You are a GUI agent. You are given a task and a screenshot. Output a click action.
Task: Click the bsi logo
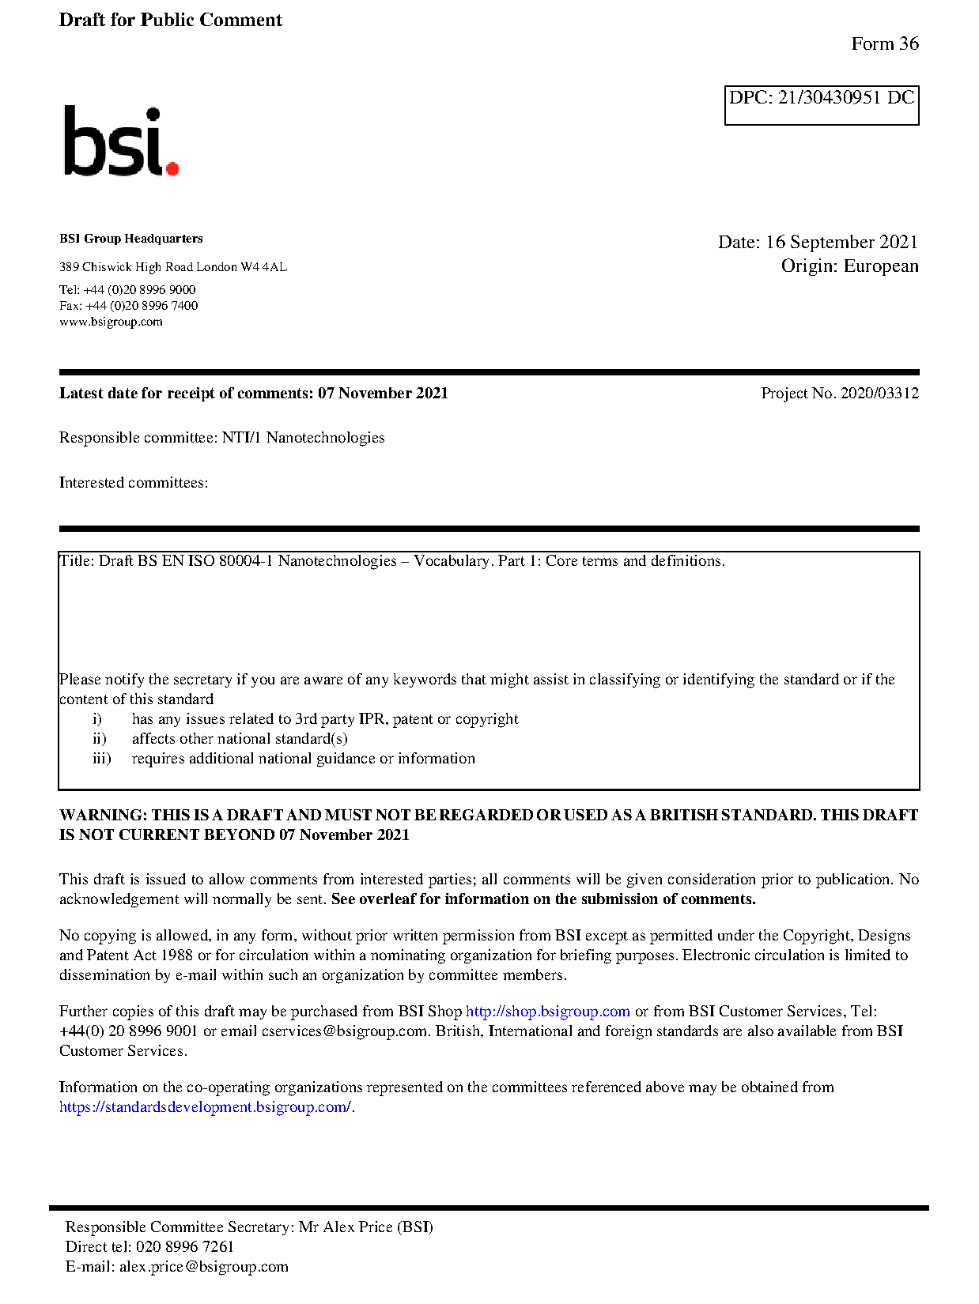pyautogui.click(x=120, y=141)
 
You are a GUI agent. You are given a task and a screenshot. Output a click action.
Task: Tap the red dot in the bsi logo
pyautogui.click(x=172, y=168)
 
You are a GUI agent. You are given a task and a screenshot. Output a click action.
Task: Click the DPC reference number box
pyautogui.click(x=821, y=104)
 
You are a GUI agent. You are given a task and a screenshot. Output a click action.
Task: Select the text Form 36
pyautogui.click(x=884, y=44)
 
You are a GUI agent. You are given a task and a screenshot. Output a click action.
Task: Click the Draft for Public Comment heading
pyautogui.click(x=170, y=21)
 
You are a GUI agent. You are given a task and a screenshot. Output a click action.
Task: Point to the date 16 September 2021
pyautogui.click(x=841, y=242)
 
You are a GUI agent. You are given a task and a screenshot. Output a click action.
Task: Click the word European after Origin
pyautogui.click(x=881, y=266)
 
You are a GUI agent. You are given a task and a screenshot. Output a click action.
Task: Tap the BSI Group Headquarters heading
pyautogui.click(x=130, y=239)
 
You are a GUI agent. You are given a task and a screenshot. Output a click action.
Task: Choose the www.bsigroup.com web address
pyautogui.click(x=111, y=322)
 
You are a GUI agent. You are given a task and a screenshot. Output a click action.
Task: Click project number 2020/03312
pyautogui.click(x=879, y=394)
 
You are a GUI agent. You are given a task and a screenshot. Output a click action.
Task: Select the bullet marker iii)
pyautogui.click(x=101, y=759)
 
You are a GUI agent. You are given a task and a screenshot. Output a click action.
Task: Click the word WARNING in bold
pyautogui.click(x=103, y=816)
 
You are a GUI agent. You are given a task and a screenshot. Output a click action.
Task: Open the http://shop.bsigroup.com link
pyautogui.click(x=547, y=1012)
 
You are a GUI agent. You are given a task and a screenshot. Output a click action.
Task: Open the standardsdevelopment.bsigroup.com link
pyautogui.click(x=205, y=1107)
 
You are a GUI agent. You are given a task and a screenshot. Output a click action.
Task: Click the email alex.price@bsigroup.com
pyautogui.click(x=203, y=1267)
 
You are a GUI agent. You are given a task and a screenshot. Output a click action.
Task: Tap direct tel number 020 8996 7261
pyautogui.click(x=185, y=1247)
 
